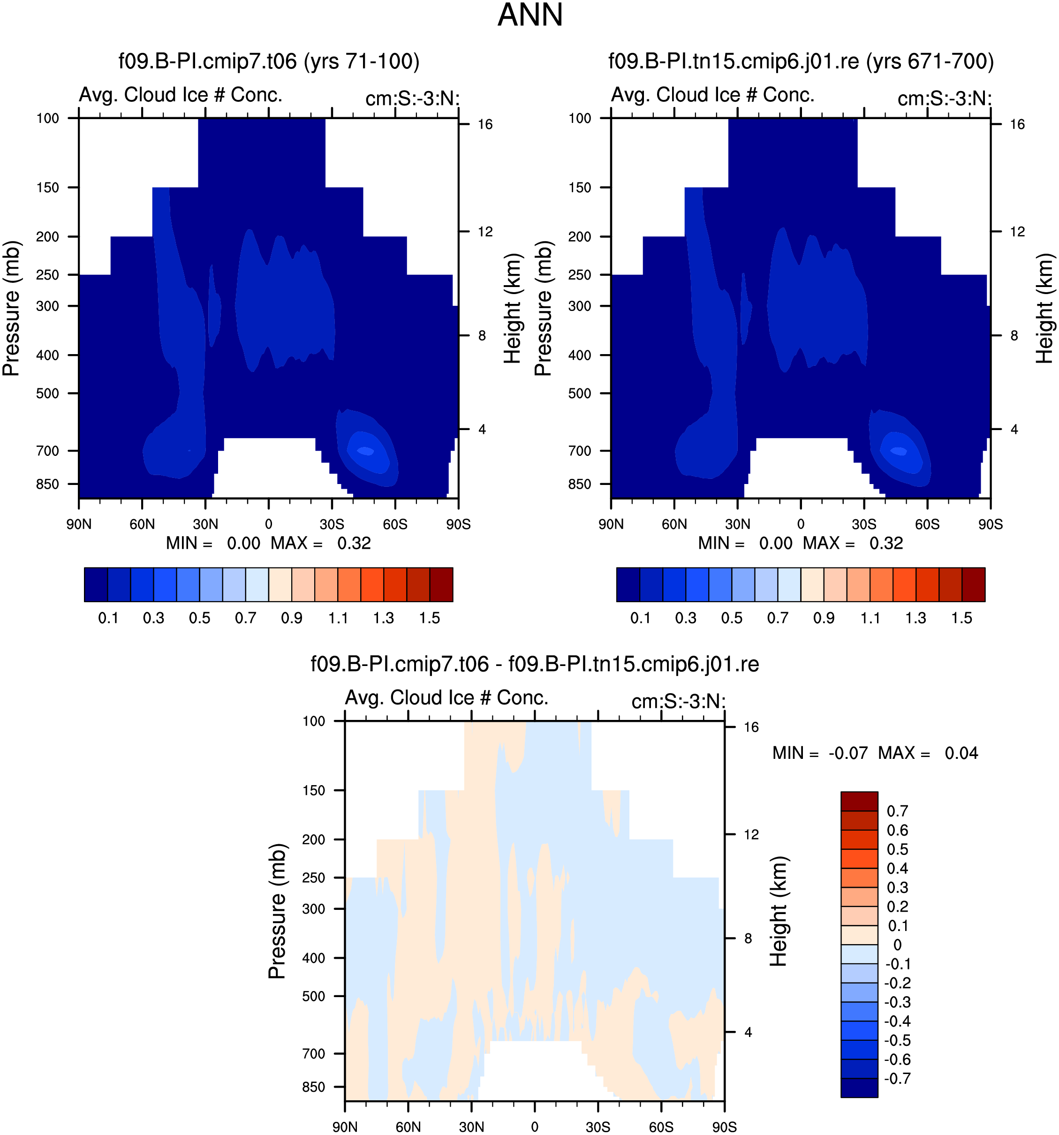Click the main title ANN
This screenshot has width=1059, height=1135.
point(530,15)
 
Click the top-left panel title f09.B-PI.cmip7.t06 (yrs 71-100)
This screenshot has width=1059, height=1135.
point(269,61)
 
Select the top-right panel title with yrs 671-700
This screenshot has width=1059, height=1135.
point(801,61)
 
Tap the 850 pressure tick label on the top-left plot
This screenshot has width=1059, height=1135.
point(47,484)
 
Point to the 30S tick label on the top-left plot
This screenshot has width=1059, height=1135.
point(332,524)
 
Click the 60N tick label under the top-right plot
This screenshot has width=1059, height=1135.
point(674,524)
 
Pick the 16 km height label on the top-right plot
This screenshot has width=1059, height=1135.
point(1017,124)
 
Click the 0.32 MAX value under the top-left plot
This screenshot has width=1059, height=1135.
point(354,543)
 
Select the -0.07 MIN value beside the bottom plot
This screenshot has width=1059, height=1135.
point(848,753)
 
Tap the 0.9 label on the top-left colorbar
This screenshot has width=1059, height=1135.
point(292,618)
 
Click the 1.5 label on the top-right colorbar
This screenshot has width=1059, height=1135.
point(962,618)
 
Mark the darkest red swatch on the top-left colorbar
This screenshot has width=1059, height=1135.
point(441,585)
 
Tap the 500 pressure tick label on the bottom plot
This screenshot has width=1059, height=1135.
point(313,996)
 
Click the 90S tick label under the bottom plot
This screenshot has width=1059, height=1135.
point(724,1127)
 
